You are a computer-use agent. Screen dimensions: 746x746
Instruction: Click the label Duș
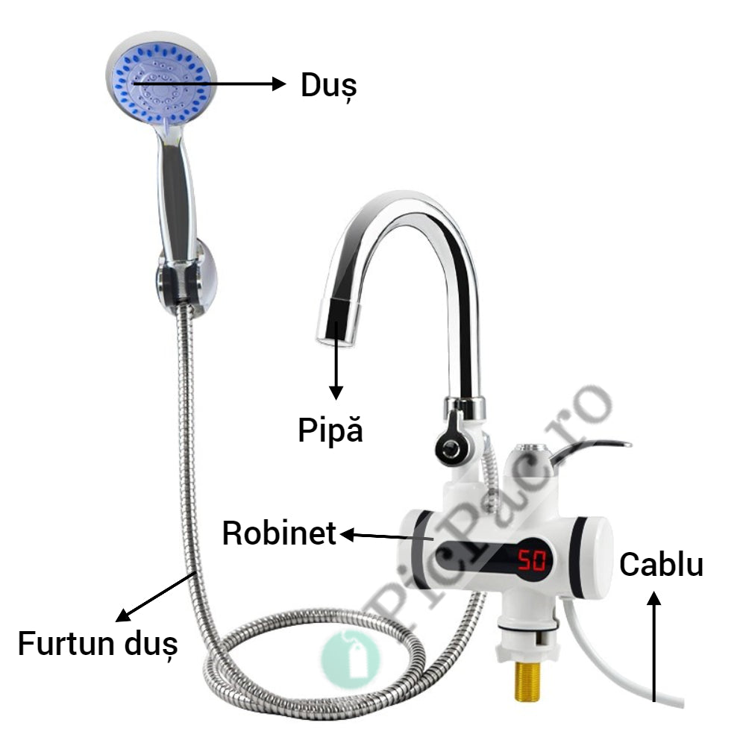(328, 86)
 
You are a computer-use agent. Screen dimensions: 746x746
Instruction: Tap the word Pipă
(330, 430)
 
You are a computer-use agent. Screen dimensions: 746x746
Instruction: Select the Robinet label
(279, 533)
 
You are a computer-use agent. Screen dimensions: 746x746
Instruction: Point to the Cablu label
(661, 565)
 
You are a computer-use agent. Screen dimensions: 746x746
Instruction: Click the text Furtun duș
(98, 642)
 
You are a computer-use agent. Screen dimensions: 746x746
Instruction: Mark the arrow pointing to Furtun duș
(157, 596)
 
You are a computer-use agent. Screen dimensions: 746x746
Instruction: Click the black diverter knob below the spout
(450, 448)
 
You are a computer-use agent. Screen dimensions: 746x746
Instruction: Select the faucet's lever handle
(589, 448)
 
